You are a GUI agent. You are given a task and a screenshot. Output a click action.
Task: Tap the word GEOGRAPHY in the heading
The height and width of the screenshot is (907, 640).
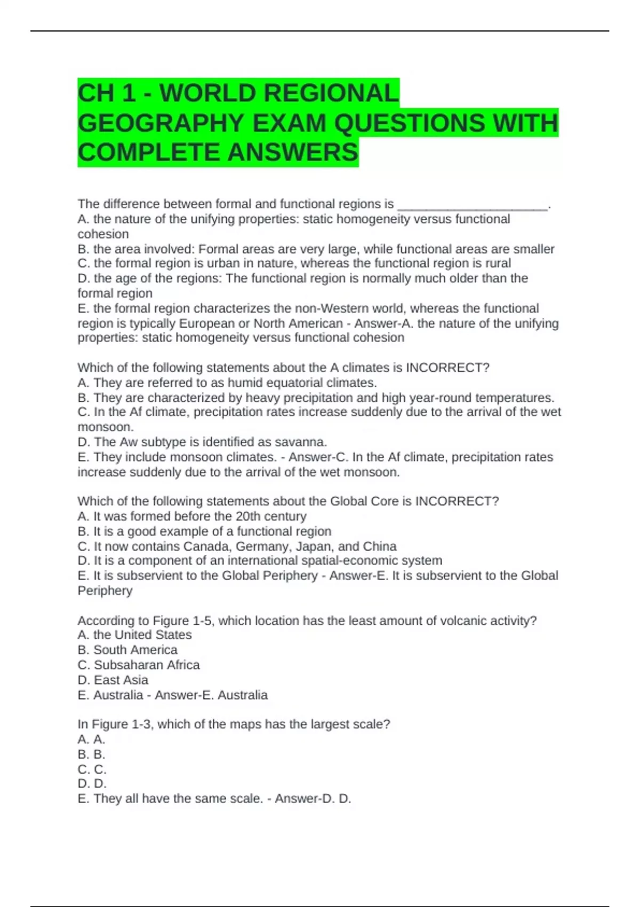[x=161, y=123]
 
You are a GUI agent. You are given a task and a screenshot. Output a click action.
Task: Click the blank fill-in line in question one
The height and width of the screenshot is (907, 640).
[x=473, y=205]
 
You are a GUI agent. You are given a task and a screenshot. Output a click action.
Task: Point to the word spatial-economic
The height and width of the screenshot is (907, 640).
[x=335, y=561]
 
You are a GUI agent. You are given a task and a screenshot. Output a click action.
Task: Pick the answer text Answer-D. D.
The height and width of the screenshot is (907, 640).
[x=313, y=799]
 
